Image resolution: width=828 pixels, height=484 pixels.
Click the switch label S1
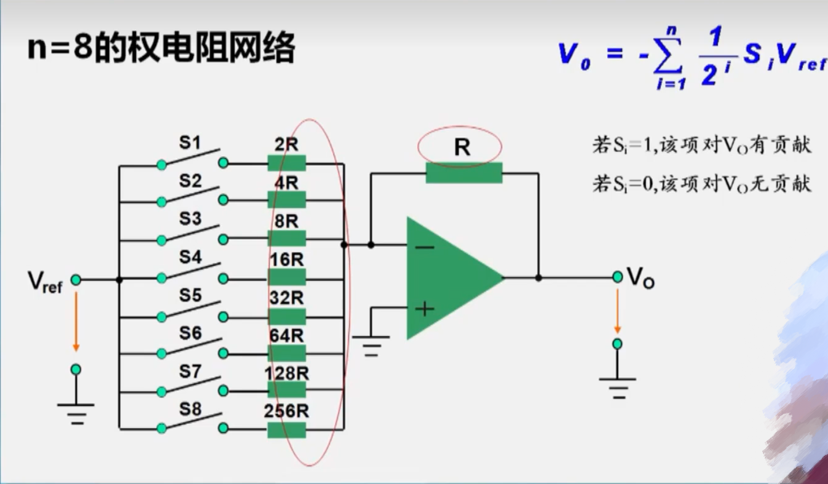click(190, 143)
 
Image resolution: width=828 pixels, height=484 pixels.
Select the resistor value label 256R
click(286, 411)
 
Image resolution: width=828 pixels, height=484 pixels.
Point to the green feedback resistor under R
click(463, 173)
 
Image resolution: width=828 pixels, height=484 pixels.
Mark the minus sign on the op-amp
click(425, 247)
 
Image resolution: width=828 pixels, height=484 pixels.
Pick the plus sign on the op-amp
click(425, 308)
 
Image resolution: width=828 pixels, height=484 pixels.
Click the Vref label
click(45, 281)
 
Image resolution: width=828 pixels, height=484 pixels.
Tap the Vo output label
click(640, 278)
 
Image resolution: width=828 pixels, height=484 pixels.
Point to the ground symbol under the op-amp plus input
click(371, 345)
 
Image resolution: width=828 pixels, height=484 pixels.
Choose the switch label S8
click(190, 409)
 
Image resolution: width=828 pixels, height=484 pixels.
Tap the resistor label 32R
click(286, 298)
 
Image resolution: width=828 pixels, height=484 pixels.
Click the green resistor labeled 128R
click(286, 390)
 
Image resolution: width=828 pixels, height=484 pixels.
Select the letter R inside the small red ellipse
click(462, 147)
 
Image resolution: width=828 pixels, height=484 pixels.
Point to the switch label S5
click(190, 296)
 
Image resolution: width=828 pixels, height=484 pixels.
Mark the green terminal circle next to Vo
click(617, 277)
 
